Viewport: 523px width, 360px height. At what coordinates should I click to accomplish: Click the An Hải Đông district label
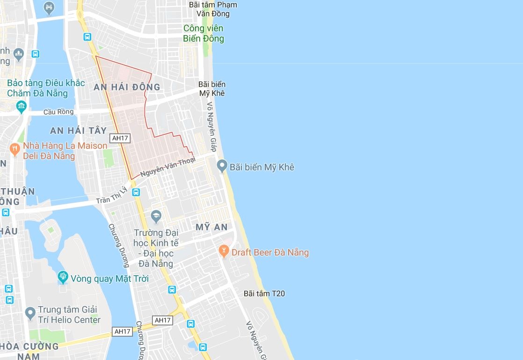coord(127,87)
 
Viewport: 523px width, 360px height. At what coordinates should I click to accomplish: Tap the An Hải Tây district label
coord(79,131)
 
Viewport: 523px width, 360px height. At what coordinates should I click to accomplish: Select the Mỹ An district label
coord(211,227)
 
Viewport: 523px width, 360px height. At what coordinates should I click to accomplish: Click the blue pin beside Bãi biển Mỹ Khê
coord(222,166)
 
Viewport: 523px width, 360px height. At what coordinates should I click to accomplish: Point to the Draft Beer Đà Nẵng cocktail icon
coord(224,252)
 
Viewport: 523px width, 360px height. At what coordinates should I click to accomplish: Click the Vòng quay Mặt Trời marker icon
coord(63,278)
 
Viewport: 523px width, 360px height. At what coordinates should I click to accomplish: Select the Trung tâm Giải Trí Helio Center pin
coord(30,314)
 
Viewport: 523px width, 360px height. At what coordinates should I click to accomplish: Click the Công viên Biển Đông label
coord(203,34)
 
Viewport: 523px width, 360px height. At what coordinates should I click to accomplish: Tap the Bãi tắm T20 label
coord(264,294)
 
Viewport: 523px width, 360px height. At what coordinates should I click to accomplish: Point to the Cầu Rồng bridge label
coord(58,112)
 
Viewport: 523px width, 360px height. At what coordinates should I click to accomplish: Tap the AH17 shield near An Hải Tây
coord(120,138)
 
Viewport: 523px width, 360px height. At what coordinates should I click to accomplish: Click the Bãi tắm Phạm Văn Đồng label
coord(213,9)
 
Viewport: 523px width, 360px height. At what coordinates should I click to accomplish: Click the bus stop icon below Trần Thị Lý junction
coord(136,192)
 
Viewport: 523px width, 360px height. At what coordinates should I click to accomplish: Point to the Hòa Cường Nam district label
coord(29,351)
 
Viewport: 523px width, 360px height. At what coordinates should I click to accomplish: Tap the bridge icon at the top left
coord(49,7)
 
